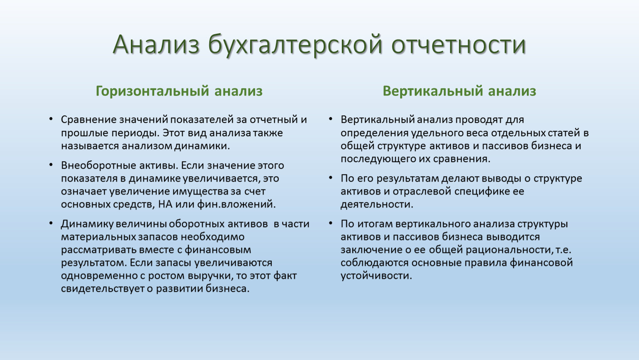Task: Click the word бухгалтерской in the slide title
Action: pyautogui.click(x=295, y=45)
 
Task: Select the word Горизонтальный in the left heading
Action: pyautogui.click(x=153, y=91)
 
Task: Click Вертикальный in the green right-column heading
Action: pyautogui.click(x=433, y=91)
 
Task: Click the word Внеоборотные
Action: pyautogui.click(x=98, y=165)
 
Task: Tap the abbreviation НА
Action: pyautogui.click(x=165, y=205)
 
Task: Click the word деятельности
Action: pyautogui.click(x=377, y=205)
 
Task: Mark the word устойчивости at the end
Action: pyautogui.click(x=376, y=276)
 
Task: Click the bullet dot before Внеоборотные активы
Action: pyautogui.click(x=51, y=165)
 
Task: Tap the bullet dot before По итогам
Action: pyautogui.click(x=331, y=223)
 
